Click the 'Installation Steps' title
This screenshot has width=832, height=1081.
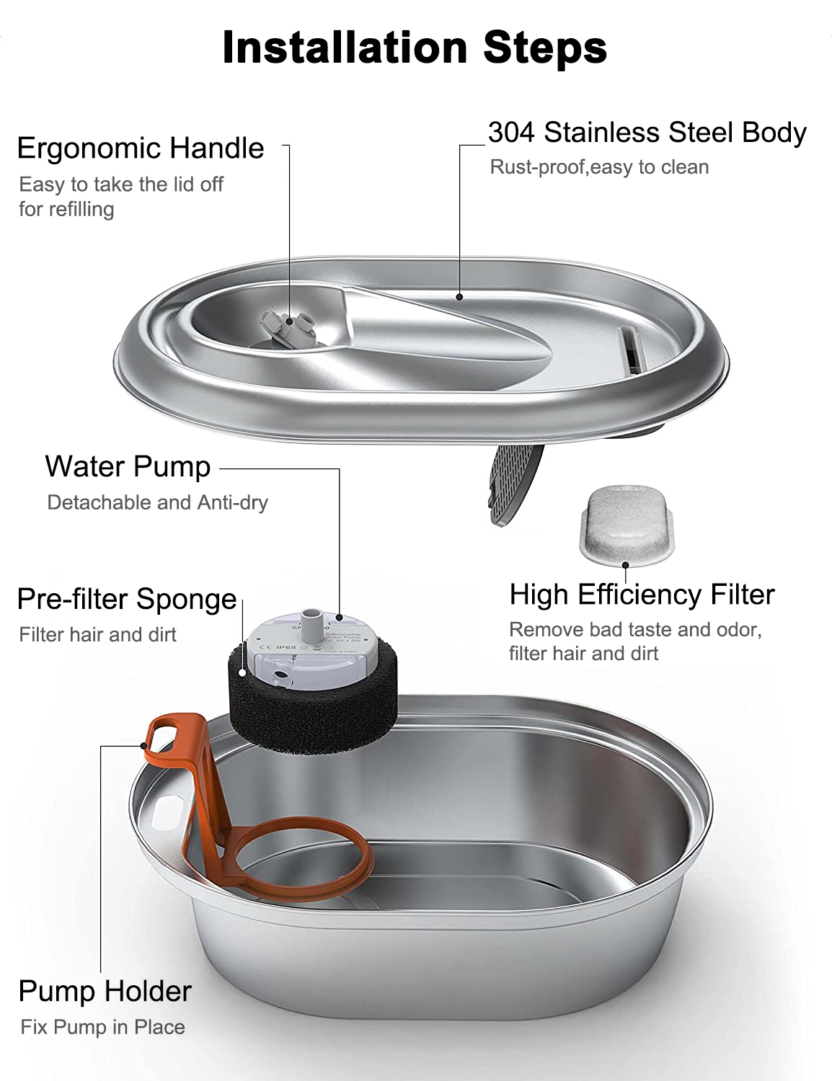[415, 48]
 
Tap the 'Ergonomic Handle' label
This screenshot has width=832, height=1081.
[141, 148]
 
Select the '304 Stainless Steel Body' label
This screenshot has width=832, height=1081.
[647, 133]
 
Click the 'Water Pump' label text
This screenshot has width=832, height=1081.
[128, 466]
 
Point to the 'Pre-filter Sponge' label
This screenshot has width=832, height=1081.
[127, 599]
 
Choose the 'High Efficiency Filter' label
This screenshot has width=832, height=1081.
[642, 595]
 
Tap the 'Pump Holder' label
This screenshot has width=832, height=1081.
[105, 991]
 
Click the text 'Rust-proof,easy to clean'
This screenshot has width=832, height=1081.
[599, 167]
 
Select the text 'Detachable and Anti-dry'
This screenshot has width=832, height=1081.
[157, 502]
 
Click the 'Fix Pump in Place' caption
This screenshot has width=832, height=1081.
[103, 1027]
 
